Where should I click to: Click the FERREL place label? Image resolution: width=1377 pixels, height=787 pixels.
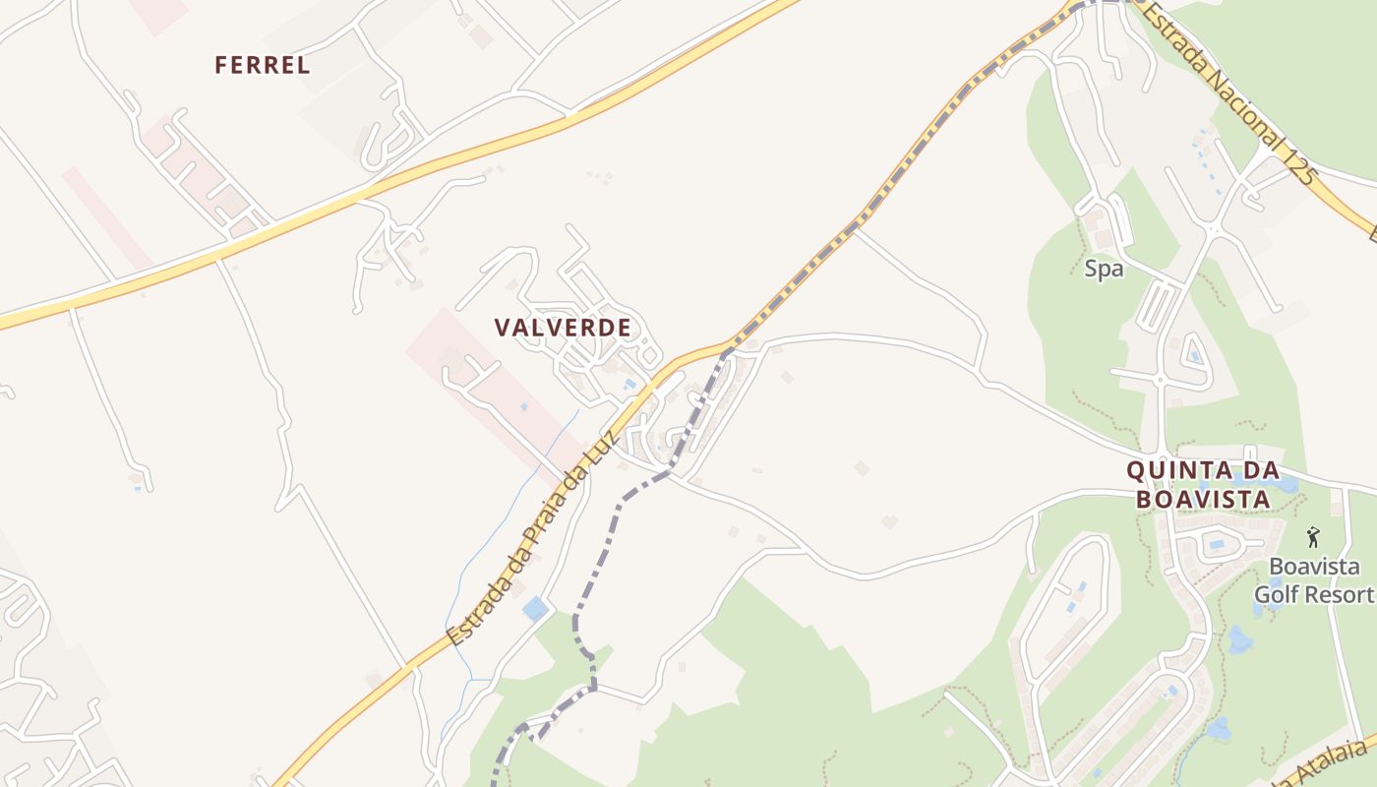[x=263, y=66]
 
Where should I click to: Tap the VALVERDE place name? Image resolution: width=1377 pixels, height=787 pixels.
[x=563, y=328]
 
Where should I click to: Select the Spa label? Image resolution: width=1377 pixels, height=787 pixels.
[x=1104, y=269]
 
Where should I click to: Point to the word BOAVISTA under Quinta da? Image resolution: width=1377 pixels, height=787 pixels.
[x=1202, y=500]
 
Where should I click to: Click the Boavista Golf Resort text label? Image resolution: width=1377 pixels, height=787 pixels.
[x=1314, y=580]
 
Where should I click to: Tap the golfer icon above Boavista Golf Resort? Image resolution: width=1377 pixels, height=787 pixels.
[x=1312, y=537]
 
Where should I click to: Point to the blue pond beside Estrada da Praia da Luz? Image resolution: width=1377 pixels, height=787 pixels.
[x=535, y=609]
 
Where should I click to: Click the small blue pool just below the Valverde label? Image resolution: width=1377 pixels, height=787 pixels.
[x=629, y=385]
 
